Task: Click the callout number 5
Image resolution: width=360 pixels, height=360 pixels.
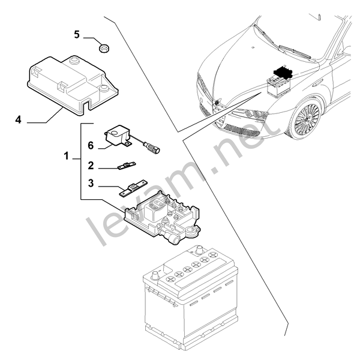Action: click(x=77, y=34)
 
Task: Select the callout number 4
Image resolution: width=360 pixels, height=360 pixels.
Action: click(x=19, y=119)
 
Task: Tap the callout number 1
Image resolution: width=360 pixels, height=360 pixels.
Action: click(x=66, y=157)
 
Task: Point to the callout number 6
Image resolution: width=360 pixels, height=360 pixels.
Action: click(x=91, y=145)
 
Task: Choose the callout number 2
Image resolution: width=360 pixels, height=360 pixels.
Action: click(x=91, y=165)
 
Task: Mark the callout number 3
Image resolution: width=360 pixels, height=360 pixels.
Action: click(x=91, y=183)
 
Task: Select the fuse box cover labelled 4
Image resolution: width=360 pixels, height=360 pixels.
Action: click(x=72, y=81)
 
